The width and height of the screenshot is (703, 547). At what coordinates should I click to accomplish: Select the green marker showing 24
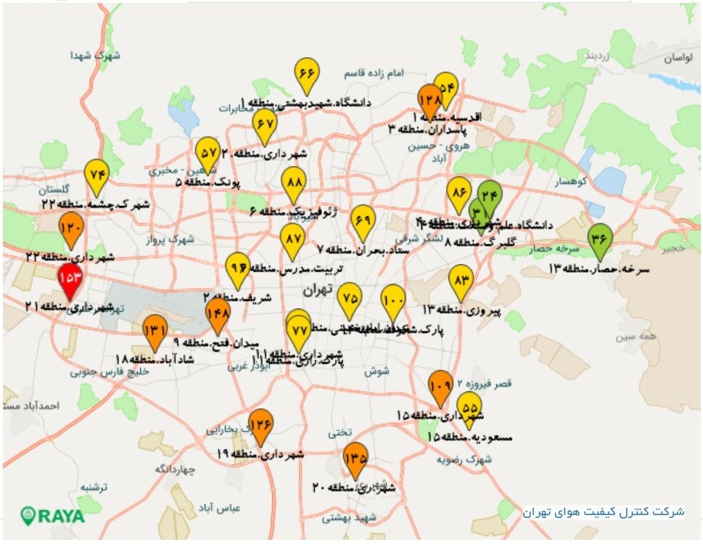[490, 195]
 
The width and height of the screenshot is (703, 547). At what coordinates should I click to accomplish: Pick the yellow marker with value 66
[307, 74]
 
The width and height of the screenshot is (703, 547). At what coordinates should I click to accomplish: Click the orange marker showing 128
[429, 99]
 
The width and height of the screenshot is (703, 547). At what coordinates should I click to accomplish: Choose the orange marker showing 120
[71, 229]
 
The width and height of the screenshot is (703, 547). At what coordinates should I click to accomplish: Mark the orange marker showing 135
[355, 458]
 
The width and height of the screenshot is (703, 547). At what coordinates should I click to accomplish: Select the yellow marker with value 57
[208, 153]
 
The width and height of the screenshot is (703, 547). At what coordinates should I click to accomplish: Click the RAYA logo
[52, 516]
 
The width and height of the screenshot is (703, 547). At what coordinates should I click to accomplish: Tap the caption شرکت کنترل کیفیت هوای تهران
[604, 511]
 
